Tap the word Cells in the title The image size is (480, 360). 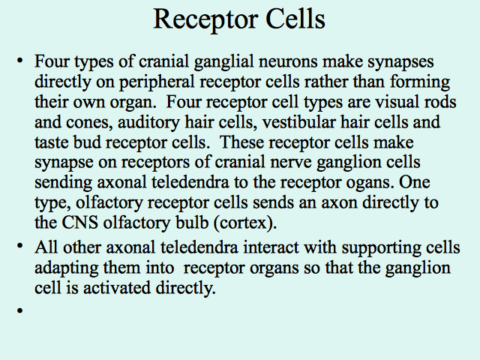point(295,19)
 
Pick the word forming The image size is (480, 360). point(420,82)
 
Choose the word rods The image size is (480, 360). point(440,102)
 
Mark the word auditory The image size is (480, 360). point(148,123)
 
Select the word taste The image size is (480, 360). point(52,142)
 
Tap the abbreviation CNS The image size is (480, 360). point(80,223)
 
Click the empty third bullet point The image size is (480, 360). point(20,310)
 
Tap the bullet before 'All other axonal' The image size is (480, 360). point(20,246)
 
